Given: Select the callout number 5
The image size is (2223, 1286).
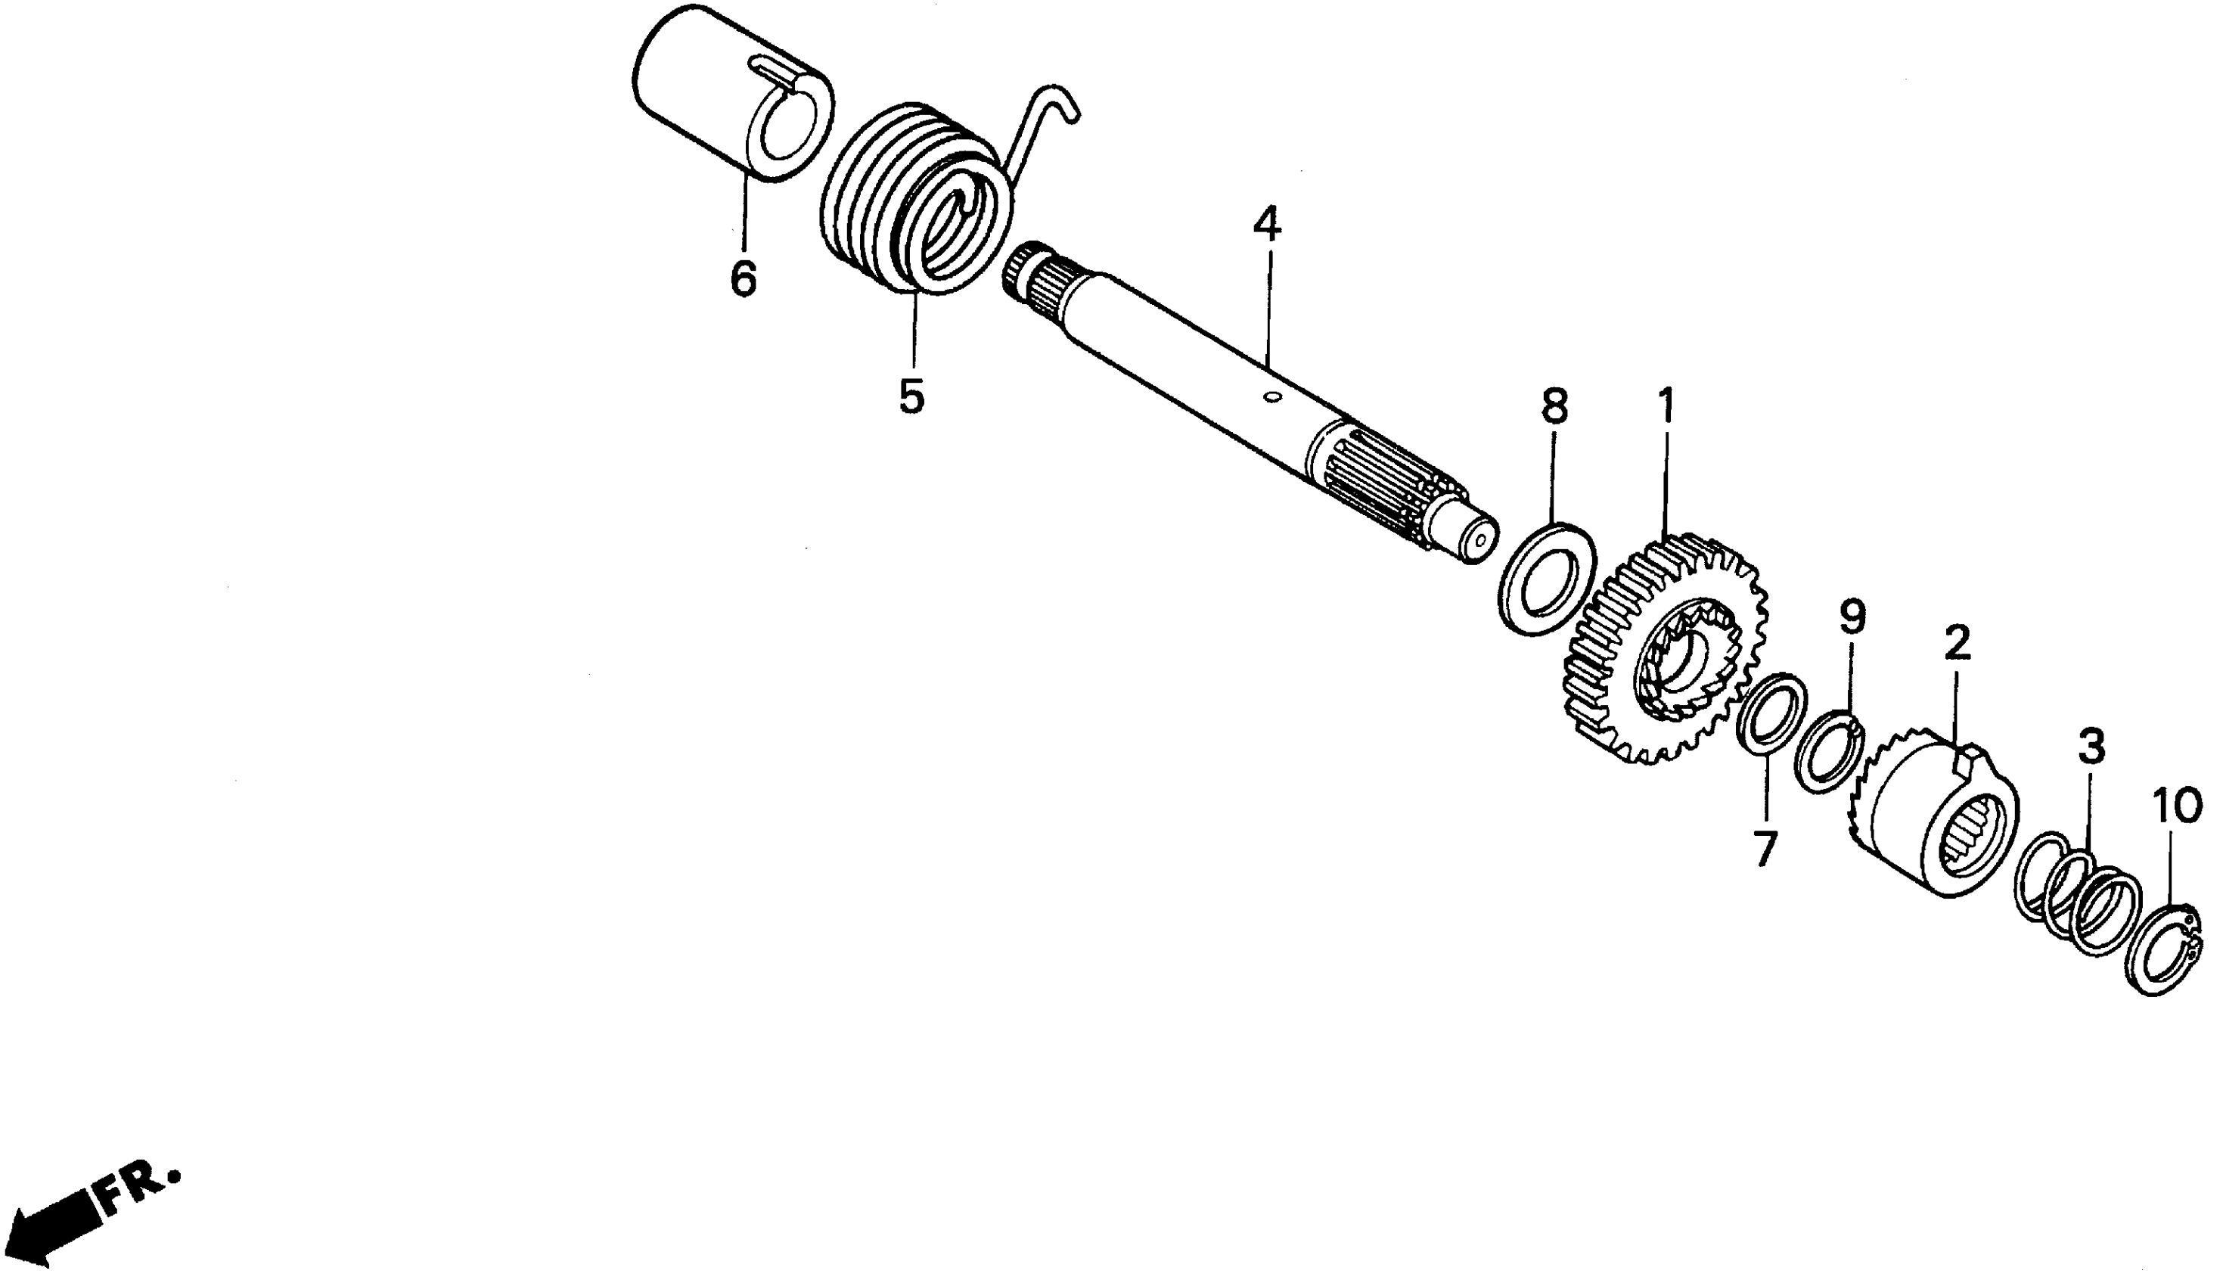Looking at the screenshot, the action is click(x=911, y=396).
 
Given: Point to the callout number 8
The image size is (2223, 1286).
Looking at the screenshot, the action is click(x=1554, y=407).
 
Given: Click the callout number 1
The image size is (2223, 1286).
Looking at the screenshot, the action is click(x=1665, y=408).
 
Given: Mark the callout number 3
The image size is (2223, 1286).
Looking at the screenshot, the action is click(x=2091, y=746).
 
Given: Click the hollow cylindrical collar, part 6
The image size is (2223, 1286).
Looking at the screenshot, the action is click(x=706, y=97).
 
